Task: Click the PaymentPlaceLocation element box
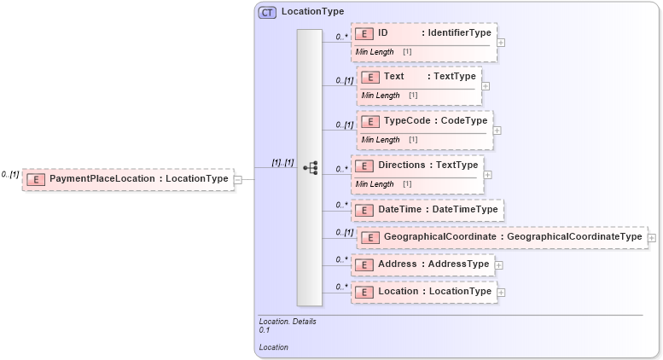(128, 179)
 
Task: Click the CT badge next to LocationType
(268, 12)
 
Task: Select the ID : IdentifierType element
(424, 33)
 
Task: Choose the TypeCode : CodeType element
(424, 121)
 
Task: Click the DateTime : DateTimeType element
(427, 210)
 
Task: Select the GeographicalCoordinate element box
(501, 236)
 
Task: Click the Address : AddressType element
(423, 264)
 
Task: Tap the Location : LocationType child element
(424, 292)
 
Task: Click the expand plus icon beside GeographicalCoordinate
(652, 238)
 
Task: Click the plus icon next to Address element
(499, 265)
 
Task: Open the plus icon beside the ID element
(501, 42)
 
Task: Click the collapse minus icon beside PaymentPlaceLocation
(238, 180)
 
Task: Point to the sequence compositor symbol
(310, 168)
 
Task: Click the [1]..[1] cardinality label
(282, 162)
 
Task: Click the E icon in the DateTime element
(364, 210)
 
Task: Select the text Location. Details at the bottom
(288, 322)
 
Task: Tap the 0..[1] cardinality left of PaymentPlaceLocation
(10, 174)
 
